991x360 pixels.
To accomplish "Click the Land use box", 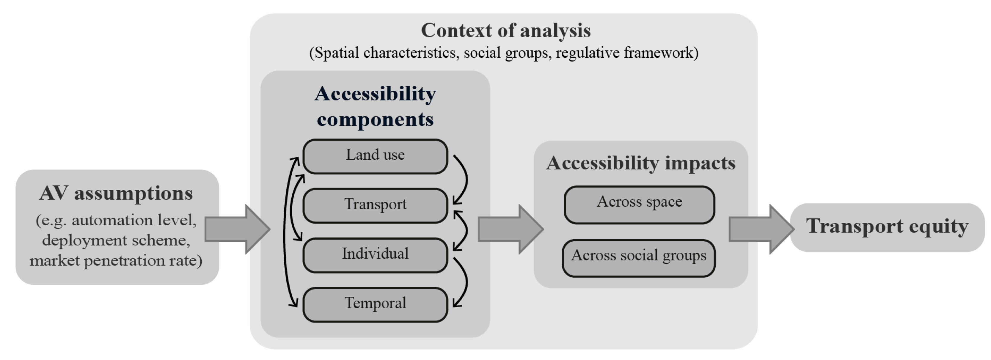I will pyautogui.click(x=375, y=156).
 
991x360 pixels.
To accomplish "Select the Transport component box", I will pyautogui.click(x=375, y=205).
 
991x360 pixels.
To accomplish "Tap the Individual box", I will pyautogui.click(x=375, y=254).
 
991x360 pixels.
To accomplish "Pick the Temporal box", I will pyautogui.click(x=375, y=304).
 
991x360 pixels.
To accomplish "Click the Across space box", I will pyautogui.click(x=639, y=204).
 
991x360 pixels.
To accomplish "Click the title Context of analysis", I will pyautogui.click(x=505, y=30).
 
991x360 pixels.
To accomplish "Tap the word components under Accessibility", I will pyautogui.click(x=375, y=119).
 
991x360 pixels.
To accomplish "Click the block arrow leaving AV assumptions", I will pyautogui.click(x=237, y=229).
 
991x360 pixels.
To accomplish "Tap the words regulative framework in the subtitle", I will pyautogui.click(x=626, y=53).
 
